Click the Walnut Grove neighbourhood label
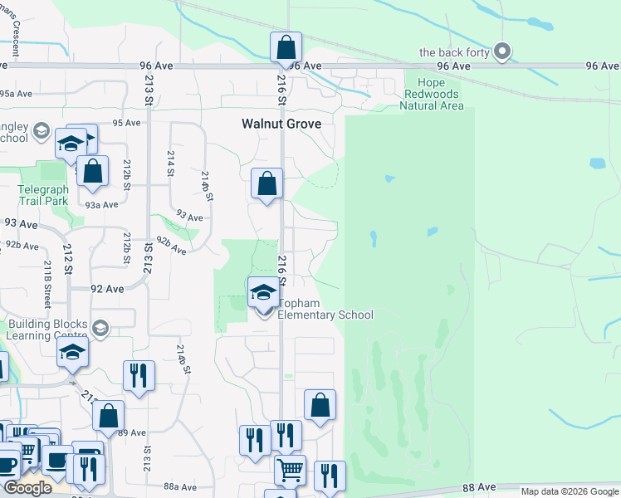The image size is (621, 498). pos(281,124)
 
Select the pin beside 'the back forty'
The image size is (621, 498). pos(501,52)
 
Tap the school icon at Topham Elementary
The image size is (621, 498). pos(263,293)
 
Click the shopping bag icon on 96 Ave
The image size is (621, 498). pos(286,47)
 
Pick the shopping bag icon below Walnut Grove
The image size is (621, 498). pos(267,183)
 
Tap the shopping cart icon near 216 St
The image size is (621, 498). pos(290,471)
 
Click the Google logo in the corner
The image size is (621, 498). pos(27,488)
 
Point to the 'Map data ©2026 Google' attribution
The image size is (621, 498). pos(570,491)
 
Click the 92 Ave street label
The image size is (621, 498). pos(107,290)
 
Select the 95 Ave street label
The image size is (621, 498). pos(127,123)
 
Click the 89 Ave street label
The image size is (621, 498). pos(132,432)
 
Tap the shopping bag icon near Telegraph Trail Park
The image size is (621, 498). pos(93,170)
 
